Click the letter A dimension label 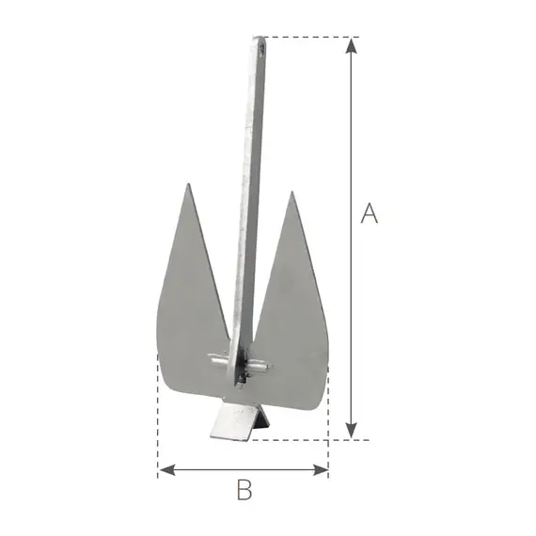(370, 214)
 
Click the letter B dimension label (244, 489)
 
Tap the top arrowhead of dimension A (351, 43)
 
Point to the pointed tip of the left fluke (188, 185)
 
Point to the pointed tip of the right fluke (292, 194)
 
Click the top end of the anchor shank (259, 40)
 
